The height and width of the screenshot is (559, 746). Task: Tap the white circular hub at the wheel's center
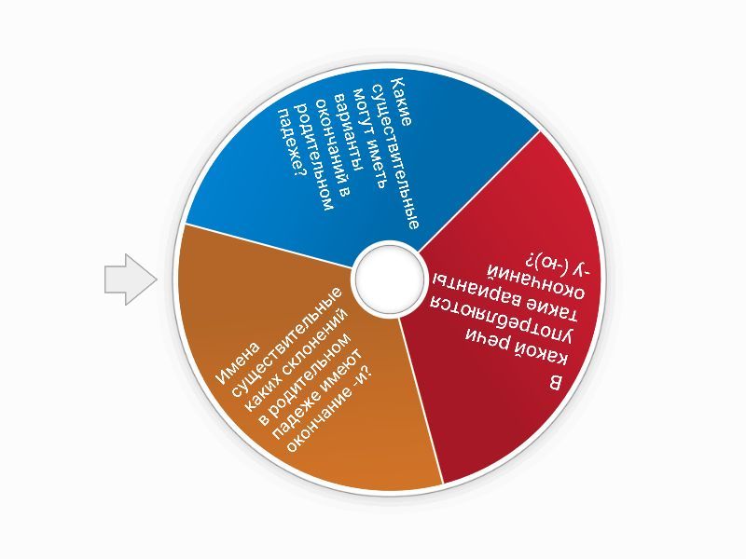(x=389, y=279)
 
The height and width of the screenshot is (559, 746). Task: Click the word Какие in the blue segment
(x=401, y=102)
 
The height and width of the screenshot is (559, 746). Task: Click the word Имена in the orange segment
(x=238, y=363)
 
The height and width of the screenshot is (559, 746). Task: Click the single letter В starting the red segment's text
(x=555, y=384)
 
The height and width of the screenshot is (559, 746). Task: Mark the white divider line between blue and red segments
(x=478, y=190)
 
